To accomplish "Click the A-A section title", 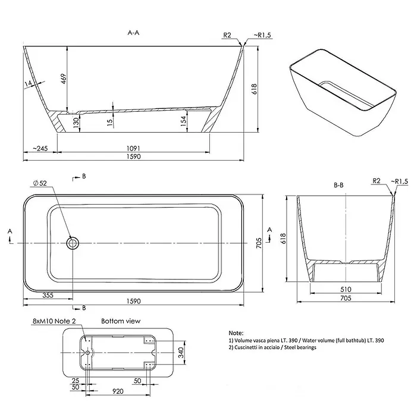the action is point(133,33).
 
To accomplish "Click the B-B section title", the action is point(338,186).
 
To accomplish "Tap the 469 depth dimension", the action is point(64,79).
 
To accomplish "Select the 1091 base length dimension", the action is point(133,148).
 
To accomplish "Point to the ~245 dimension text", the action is point(40,148).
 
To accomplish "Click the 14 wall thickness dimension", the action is point(28,83).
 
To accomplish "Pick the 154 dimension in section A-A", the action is point(183,121).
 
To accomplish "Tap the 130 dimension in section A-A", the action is point(76,123).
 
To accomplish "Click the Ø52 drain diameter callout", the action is point(40,183).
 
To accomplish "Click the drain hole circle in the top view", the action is point(73,243).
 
